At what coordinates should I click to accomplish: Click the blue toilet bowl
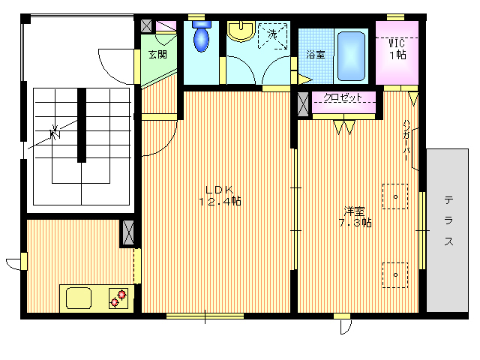(x=202, y=36)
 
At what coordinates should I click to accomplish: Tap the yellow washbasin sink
(x=241, y=31)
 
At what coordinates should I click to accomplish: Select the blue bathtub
(x=351, y=56)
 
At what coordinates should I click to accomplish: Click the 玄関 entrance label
(x=157, y=55)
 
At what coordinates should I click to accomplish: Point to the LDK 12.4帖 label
(x=220, y=196)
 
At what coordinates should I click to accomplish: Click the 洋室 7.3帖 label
(x=355, y=217)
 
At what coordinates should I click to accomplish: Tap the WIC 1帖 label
(x=397, y=49)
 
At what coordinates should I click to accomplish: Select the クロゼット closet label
(x=343, y=97)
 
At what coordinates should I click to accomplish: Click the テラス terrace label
(x=448, y=221)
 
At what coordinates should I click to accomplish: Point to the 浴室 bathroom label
(x=316, y=55)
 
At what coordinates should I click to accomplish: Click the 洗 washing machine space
(x=273, y=36)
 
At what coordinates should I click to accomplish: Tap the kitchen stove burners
(x=118, y=298)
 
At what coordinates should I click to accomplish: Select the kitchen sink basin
(x=79, y=298)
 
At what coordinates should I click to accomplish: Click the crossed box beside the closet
(x=303, y=104)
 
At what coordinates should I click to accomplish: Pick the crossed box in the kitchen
(x=128, y=233)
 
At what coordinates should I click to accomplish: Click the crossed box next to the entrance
(x=146, y=26)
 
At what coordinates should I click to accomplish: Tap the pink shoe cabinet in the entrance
(x=166, y=26)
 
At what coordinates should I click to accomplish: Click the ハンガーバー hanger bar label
(x=406, y=140)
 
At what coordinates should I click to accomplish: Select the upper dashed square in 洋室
(x=395, y=196)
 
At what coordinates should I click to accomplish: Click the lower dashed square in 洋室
(x=395, y=275)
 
